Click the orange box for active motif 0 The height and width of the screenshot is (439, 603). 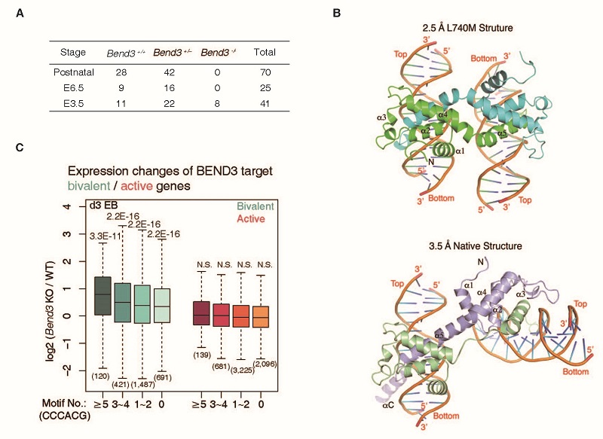260,317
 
